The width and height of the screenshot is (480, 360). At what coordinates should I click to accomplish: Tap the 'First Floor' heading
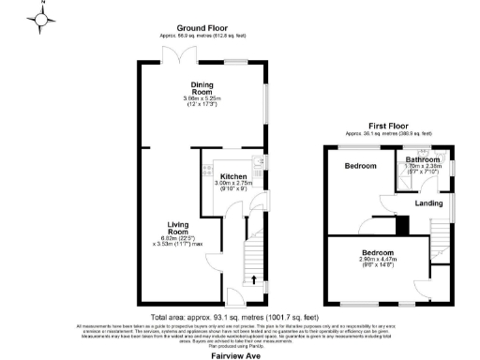point(390,125)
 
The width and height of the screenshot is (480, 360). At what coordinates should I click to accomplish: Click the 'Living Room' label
point(180,229)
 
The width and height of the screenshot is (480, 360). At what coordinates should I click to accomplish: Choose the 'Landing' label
point(429,204)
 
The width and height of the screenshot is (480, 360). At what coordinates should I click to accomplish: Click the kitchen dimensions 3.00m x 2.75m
point(232,187)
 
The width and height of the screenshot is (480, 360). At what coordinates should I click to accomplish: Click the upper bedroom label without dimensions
point(359,166)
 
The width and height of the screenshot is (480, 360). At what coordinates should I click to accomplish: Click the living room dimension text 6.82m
point(182,239)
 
